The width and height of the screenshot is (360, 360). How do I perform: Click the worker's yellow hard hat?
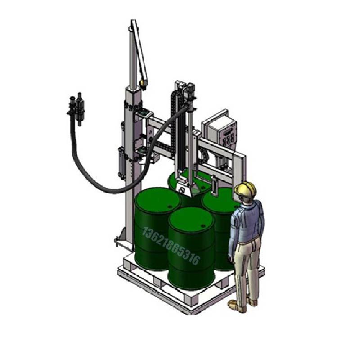245,189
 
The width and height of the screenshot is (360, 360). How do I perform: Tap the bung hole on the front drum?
203,226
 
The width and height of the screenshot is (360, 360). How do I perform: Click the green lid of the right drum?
220,199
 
